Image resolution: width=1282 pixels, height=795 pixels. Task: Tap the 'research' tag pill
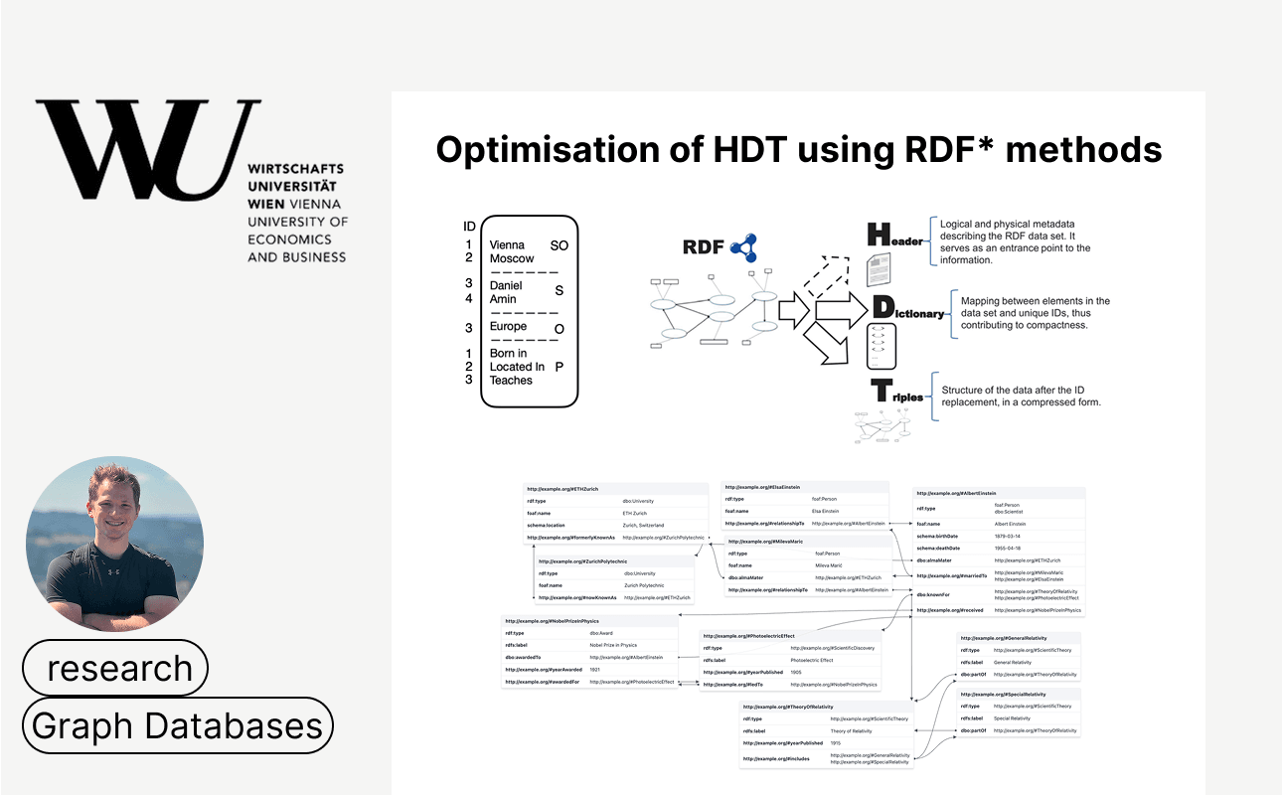(115, 669)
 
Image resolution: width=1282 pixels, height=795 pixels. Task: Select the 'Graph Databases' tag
(178, 725)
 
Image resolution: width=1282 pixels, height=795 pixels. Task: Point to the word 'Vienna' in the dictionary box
(507, 245)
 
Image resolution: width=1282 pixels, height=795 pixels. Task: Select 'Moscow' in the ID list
(512, 258)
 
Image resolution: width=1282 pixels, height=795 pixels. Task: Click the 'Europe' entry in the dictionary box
(509, 327)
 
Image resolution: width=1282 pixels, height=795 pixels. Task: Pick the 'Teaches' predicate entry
(511, 380)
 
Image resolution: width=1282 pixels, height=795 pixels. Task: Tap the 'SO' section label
(559, 245)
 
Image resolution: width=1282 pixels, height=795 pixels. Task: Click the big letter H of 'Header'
(879, 234)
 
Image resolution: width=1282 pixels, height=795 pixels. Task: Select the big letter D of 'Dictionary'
(882, 308)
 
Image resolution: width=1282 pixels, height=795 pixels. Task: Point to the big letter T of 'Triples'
(880, 390)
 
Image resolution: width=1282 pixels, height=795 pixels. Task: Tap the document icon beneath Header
(878, 270)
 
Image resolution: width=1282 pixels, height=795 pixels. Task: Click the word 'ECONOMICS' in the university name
(289, 239)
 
